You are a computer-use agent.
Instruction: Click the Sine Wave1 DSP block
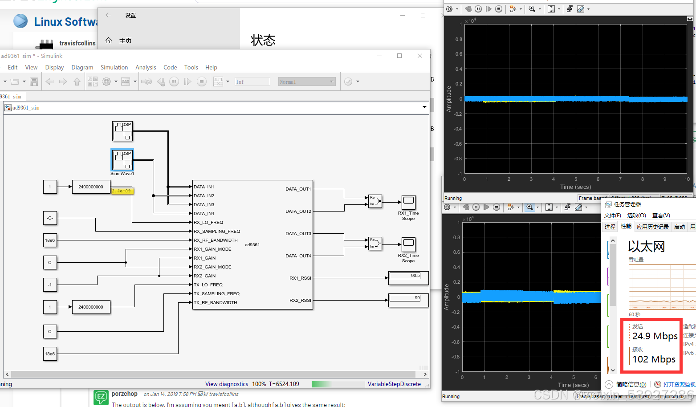coord(122,160)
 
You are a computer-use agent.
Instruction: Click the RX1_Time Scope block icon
coord(408,202)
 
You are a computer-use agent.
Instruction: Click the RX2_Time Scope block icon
coord(408,244)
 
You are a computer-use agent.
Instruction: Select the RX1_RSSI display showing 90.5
coord(408,278)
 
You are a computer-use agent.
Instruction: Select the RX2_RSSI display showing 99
coord(408,300)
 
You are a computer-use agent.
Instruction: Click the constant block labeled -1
coord(50,285)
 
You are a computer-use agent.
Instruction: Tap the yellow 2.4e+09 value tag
coord(122,191)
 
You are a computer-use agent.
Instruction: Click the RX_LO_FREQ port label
coord(208,223)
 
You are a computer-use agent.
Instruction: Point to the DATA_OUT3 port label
coord(298,234)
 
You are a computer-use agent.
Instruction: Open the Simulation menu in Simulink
coord(114,68)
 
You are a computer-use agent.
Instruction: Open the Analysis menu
coord(146,68)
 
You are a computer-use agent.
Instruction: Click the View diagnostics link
coord(226,384)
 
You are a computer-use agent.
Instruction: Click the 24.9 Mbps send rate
coord(655,336)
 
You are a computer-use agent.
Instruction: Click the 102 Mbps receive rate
coord(654,359)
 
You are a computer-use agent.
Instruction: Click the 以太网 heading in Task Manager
coord(646,246)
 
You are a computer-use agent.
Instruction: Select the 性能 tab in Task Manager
coord(626,226)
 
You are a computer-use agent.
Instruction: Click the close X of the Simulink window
coord(419,56)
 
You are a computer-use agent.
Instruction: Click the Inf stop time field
coord(252,81)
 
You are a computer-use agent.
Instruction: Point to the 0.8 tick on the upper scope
coord(459,39)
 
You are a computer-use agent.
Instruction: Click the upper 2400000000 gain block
coord(91,187)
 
